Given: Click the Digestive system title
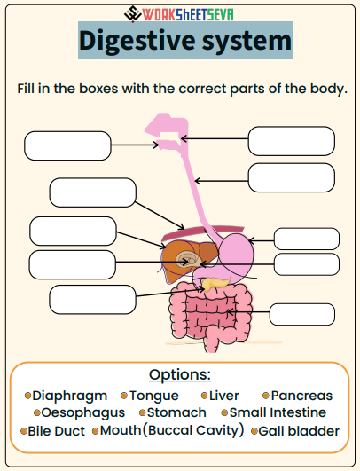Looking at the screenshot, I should click(x=184, y=41).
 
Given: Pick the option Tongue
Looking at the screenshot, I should click(x=154, y=396).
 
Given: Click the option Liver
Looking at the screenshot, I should click(x=225, y=396).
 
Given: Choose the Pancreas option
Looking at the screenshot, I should click(x=301, y=396).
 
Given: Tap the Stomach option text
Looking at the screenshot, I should click(x=176, y=413).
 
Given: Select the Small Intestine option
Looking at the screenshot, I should click(x=278, y=413).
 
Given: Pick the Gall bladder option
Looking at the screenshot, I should click(x=299, y=431).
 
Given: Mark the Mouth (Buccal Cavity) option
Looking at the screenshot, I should click(x=171, y=430).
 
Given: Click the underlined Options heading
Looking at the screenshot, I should click(x=180, y=374).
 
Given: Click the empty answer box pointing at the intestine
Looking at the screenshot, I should click(x=301, y=314).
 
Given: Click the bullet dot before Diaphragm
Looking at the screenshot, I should click(x=28, y=396).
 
